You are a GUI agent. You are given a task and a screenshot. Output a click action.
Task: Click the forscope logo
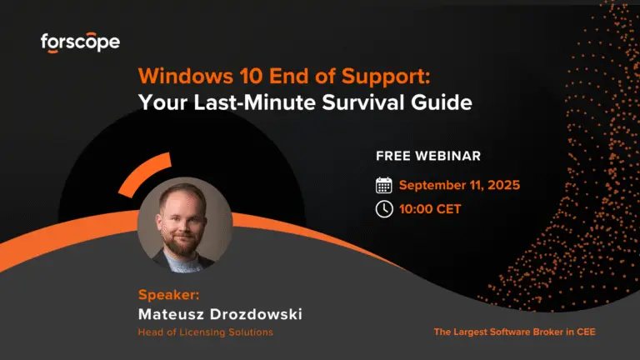coord(80,42)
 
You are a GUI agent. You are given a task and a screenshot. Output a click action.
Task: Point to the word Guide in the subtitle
coord(442,102)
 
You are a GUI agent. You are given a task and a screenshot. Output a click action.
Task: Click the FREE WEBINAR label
coord(428,156)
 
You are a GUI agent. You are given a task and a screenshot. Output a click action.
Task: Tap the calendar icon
coord(383,185)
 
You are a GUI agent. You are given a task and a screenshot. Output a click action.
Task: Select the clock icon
coord(384,209)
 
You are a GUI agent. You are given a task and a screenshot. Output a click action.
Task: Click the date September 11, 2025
coord(460,185)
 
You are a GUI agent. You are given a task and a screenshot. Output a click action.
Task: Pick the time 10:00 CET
coord(430,209)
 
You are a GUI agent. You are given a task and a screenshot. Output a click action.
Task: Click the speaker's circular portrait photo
coord(185,224)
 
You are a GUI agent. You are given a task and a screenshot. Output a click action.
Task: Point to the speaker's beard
coord(183,243)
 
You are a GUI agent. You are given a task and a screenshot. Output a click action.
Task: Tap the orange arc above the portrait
coord(144,173)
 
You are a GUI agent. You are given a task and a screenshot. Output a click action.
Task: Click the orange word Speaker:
coord(169,295)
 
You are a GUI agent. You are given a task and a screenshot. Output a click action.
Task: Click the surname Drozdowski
coord(256,314)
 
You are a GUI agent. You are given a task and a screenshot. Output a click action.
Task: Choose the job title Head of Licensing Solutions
coord(205,332)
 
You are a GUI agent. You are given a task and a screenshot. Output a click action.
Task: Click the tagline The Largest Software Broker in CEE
coord(515,332)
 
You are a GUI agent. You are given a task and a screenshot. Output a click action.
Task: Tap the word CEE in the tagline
coord(586,332)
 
